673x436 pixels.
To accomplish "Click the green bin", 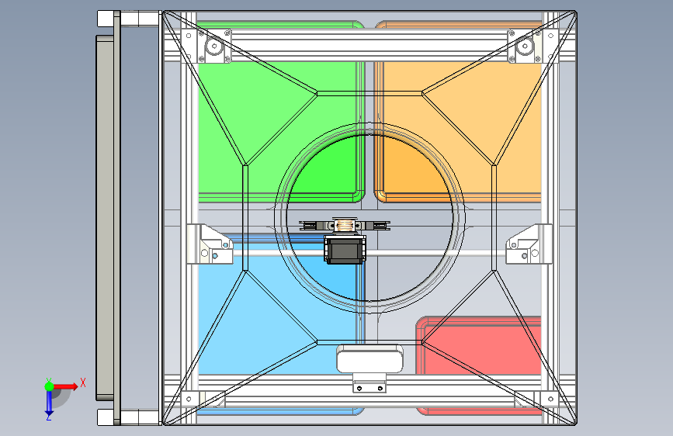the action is pyautogui.click(x=256, y=116).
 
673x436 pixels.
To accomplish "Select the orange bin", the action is pyautogui.click(x=466, y=116).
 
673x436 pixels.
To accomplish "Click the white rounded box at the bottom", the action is pyautogui.click(x=369, y=359).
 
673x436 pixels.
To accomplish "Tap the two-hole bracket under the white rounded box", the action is pyautogui.click(x=369, y=385).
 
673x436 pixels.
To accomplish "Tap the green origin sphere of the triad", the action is pyautogui.click(x=49, y=386).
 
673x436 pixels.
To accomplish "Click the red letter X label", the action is pyautogui.click(x=82, y=382).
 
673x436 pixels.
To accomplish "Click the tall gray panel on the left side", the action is pyautogui.click(x=104, y=217).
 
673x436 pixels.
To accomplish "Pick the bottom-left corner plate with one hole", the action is pyautogui.click(x=188, y=400).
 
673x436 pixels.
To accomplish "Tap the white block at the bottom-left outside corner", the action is pyautogui.click(x=106, y=417).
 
